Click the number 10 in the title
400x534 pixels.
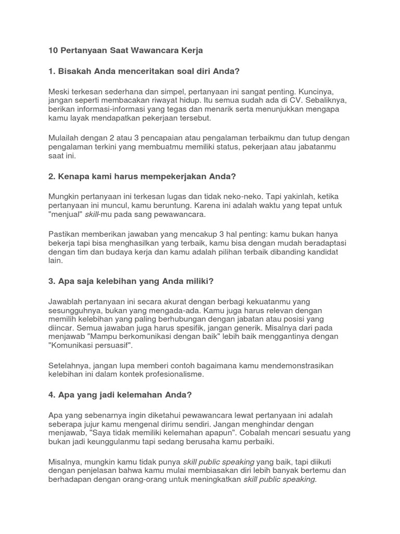pyautogui.click(x=53, y=51)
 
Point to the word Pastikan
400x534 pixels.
pyautogui.click(x=65, y=234)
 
